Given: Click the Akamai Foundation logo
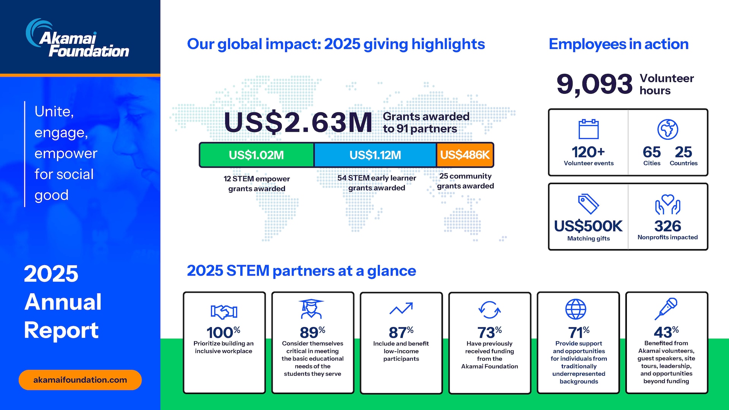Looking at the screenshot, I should tap(78, 39).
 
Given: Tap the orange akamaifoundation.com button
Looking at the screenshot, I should tap(80, 380).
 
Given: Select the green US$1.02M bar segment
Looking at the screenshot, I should tap(257, 155).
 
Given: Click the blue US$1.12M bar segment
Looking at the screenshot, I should tap(375, 155).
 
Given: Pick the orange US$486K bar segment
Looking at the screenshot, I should tap(465, 155).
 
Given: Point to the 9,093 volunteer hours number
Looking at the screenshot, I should tap(594, 84).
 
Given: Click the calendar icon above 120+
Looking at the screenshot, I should tap(589, 129).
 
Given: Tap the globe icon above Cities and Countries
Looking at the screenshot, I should tap(667, 129).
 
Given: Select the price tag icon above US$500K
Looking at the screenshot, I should tap(588, 204).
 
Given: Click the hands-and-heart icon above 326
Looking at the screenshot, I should tap(667, 205).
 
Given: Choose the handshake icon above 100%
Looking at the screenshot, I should tap(224, 312).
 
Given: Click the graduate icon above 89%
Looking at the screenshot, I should tap(311, 309).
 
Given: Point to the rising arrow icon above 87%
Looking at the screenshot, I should tap(401, 309).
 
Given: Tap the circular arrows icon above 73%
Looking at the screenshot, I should tap(489, 310).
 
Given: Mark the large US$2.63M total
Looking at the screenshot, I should tap(298, 123).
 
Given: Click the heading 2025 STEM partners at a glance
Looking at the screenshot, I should tap(301, 271).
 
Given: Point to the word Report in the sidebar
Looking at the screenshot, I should tap(62, 330).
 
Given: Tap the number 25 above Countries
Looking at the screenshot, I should tap(683, 152).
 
